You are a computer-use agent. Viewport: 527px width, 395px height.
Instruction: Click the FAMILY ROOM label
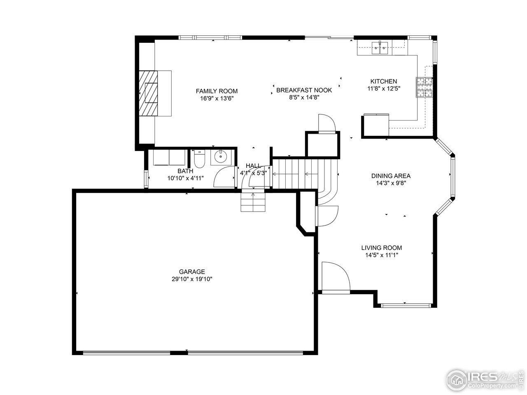tap(217, 91)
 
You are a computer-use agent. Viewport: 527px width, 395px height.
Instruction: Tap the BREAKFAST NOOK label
tap(304, 90)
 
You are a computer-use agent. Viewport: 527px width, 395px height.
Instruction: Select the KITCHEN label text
tap(383, 81)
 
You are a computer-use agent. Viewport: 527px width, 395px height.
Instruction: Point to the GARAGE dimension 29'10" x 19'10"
tap(192, 279)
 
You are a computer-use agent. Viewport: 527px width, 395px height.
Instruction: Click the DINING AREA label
tap(391, 176)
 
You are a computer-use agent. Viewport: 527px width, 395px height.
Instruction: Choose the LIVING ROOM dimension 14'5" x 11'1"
tap(381, 255)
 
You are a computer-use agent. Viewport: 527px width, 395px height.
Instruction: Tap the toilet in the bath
tap(199, 160)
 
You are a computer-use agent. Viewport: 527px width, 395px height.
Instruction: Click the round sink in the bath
tap(222, 156)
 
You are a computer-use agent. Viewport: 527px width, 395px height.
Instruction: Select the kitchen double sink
tap(380, 48)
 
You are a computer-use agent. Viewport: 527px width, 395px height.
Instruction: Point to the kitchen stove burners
tap(424, 87)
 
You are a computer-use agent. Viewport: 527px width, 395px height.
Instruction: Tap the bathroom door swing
tap(224, 177)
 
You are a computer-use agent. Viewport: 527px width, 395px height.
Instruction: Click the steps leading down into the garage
tap(252, 202)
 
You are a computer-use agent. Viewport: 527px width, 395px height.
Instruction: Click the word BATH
tap(185, 171)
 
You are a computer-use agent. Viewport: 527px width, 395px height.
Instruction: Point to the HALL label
tap(253, 165)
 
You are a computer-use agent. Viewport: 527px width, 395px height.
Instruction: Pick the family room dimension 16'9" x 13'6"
tap(217, 98)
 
